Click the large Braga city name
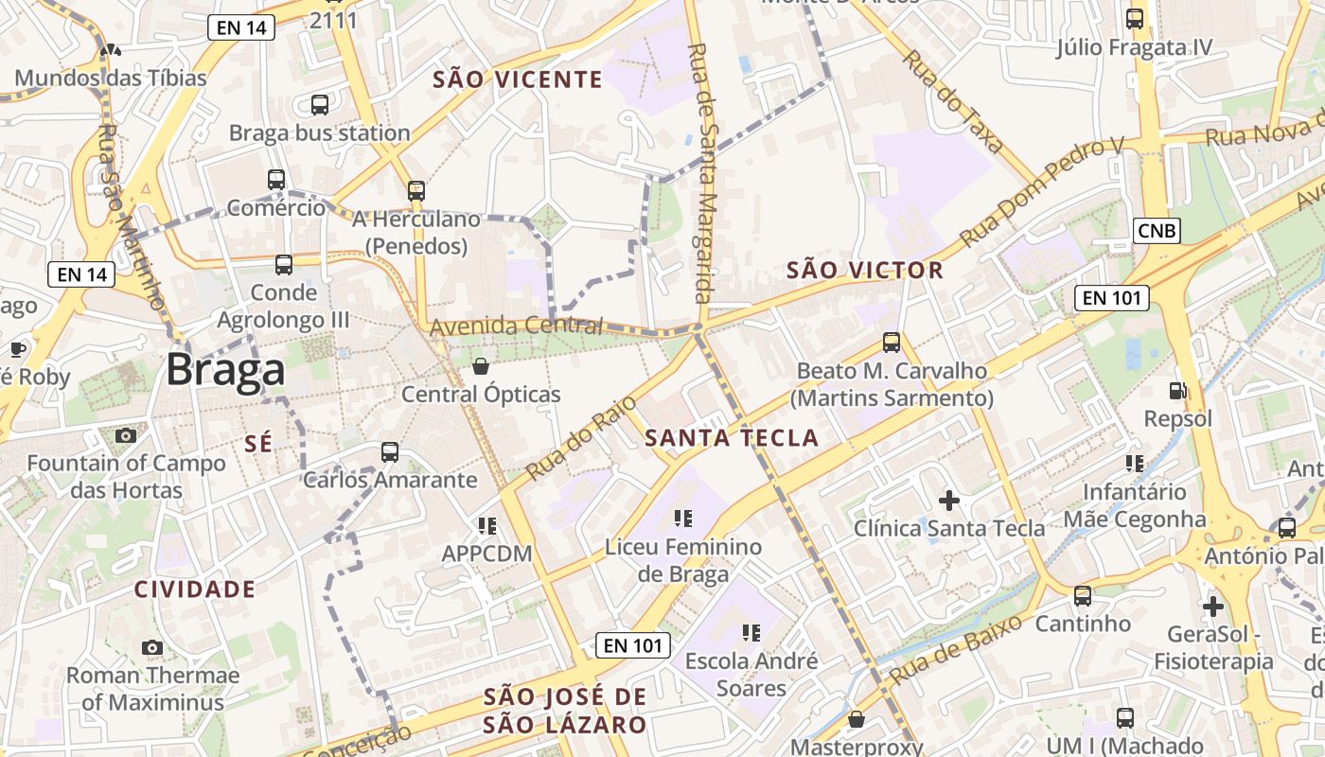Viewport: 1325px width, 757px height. click(225, 370)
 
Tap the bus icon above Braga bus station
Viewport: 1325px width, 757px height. click(320, 105)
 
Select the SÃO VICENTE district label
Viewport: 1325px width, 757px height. click(517, 79)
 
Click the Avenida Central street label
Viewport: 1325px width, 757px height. click(516, 327)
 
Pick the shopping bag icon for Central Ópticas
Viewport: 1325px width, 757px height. click(481, 366)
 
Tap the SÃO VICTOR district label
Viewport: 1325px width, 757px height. click(865, 271)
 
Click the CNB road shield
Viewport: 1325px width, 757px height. click(1157, 230)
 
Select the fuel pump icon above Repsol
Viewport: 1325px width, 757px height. click(1177, 390)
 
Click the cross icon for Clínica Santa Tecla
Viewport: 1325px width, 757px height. click(949, 500)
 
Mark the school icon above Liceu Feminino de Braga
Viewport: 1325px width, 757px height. click(683, 518)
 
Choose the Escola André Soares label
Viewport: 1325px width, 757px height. click(751, 674)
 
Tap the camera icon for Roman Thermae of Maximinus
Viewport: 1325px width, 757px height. click(151, 647)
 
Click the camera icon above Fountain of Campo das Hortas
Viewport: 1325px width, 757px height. click(125, 435)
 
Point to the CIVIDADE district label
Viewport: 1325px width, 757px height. click(195, 590)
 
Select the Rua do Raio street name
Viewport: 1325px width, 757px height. click(580, 437)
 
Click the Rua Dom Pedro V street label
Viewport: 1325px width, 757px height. click(1041, 192)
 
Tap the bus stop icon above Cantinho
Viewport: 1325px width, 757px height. click(1082, 596)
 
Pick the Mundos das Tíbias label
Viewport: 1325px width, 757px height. click(110, 78)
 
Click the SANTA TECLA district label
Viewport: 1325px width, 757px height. click(732, 437)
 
